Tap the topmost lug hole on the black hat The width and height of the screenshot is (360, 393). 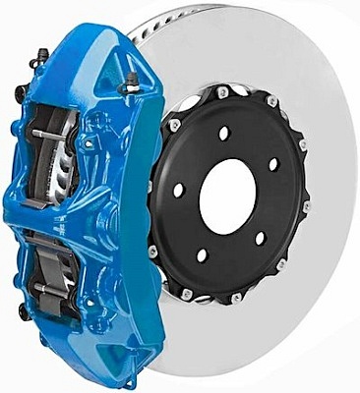(x=223, y=132)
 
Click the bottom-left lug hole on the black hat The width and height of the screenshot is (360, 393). (x=202, y=254)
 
